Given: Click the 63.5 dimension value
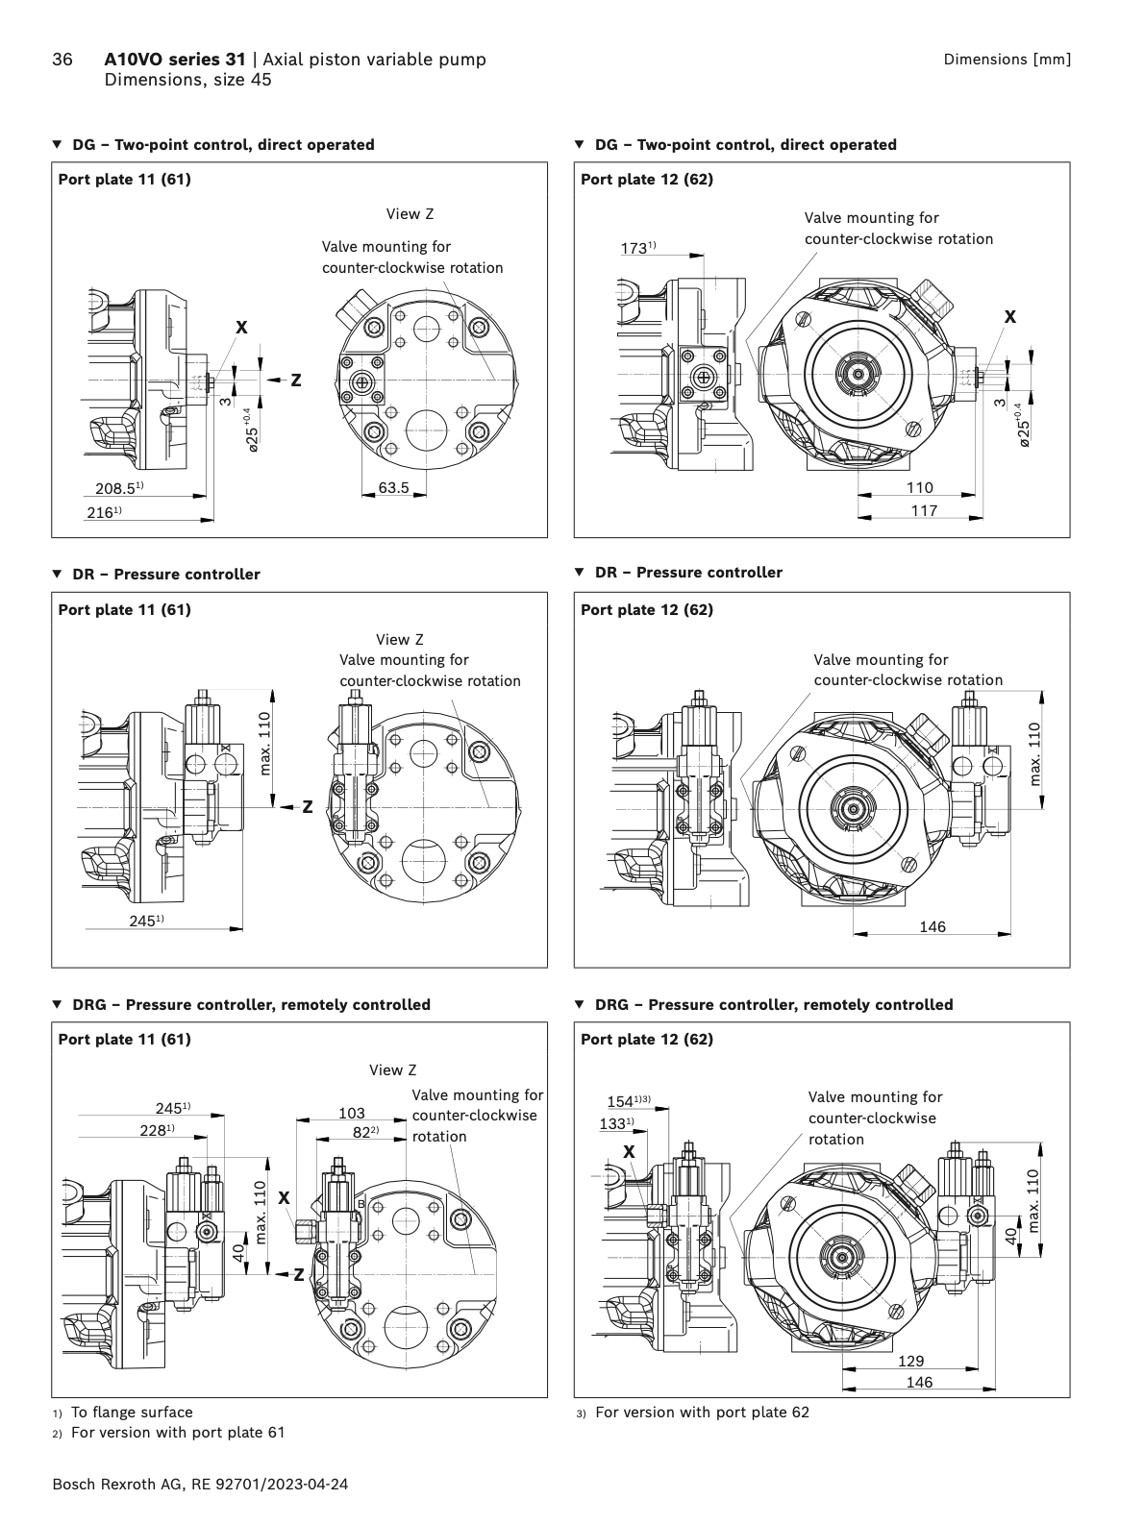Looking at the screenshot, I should [x=393, y=488].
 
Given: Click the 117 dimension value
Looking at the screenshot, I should [x=924, y=511].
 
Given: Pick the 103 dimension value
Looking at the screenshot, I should [x=352, y=1113].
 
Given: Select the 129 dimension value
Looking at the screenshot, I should [x=910, y=1361].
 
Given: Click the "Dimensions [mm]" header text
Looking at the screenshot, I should [x=1007, y=60].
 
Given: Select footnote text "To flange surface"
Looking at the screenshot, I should [x=132, y=1412].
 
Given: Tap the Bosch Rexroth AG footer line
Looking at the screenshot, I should [x=200, y=1484].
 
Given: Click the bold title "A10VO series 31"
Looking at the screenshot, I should [x=174, y=60].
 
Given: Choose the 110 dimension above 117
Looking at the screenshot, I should [x=920, y=488].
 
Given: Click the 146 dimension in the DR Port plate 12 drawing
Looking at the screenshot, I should [x=933, y=927].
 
